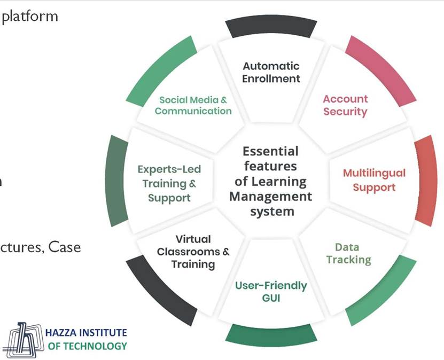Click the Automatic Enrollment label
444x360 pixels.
pyautogui.click(x=271, y=73)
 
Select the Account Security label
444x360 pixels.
pyautogui.click(x=345, y=105)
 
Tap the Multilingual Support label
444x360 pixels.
pyautogui.click(x=374, y=180)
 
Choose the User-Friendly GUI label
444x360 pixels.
pyautogui.click(x=271, y=292)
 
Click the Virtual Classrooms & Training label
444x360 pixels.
pyautogui.click(x=193, y=252)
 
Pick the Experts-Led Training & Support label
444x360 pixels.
pyautogui.click(x=169, y=184)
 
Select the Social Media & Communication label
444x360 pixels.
pyautogui.click(x=193, y=105)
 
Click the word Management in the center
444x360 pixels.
pyautogui.click(x=270, y=196)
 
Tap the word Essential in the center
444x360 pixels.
pyautogui.click(x=270, y=151)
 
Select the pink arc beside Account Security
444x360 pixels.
pyautogui.click(x=381, y=69)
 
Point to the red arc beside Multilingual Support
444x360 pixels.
pyautogui.click(x=426, y=180)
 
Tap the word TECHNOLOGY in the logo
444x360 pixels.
pyautogui.click(x=101, y=346)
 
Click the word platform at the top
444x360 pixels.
pyautogui.click(x=30, y=16)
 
